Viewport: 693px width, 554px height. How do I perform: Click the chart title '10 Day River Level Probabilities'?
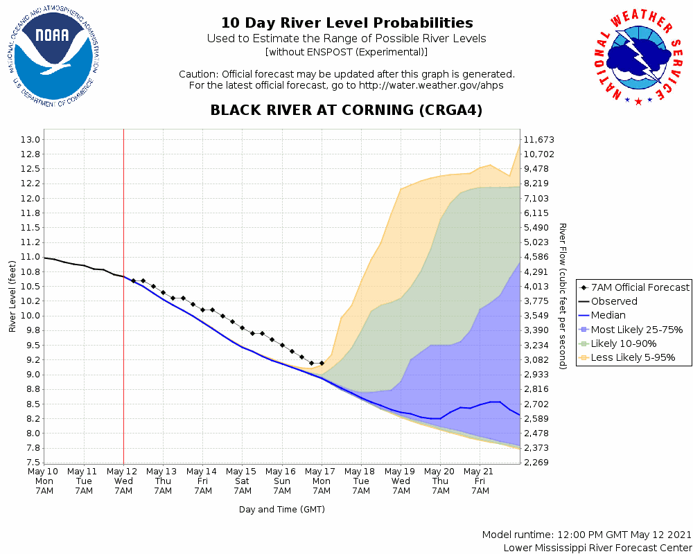coord(346,24)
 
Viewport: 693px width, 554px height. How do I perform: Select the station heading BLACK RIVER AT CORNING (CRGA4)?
coord(346,110)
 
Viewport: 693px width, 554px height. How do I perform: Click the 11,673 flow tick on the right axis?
coord(540,140)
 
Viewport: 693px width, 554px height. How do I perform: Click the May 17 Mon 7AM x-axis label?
coord(322,481)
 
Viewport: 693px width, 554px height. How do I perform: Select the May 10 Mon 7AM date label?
coord(44,481)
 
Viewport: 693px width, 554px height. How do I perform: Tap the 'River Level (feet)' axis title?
coord(12,296)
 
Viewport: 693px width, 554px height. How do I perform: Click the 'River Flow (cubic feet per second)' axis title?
coord(563,296)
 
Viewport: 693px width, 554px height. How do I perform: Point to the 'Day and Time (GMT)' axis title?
coord(282,510)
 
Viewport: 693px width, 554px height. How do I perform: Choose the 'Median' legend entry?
coord(608,315)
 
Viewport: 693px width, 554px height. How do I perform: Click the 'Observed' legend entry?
coord(613,301)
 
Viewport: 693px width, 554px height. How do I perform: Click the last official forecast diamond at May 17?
coord(322,363)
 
